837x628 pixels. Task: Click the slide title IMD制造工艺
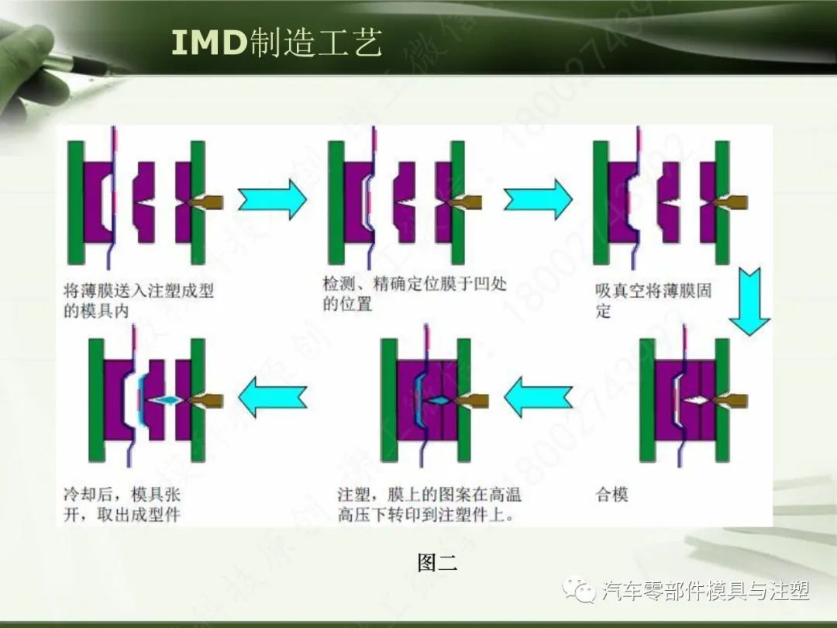277,44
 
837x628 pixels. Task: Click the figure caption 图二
437,563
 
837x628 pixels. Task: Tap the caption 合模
611,495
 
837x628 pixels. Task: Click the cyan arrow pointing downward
749,302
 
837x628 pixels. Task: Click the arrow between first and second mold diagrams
272,199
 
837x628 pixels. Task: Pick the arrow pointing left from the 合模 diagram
538,399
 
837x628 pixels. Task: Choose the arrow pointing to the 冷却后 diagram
272,399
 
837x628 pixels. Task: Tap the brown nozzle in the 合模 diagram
733,401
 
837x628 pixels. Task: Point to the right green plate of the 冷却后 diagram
198,400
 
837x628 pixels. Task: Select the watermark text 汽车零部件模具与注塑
705,592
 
